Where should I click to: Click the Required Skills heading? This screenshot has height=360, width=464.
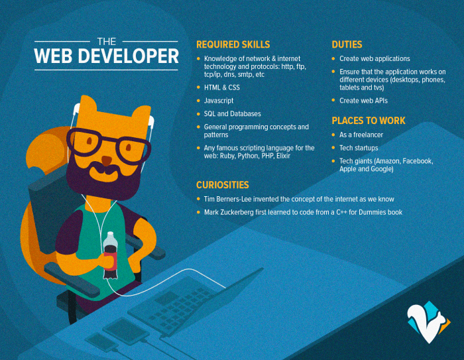click(x=233, y=44)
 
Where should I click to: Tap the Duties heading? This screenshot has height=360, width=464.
click(x=347, y=44)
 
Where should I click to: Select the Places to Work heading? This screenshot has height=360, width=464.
click(x=368, y=121)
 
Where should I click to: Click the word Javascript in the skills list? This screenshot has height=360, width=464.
click(x=219, y=100)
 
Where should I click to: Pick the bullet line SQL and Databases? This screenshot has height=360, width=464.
click(x=232, y=113)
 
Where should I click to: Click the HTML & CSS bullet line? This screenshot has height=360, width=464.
click(x=222, y=87)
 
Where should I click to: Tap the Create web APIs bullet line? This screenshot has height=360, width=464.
click(x=363, y=100)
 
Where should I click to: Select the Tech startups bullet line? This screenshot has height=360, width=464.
click(x=359, y=147)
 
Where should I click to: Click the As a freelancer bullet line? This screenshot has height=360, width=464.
click(x=361, y=134)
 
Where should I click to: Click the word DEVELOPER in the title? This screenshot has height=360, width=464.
click(x=127, y=56)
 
